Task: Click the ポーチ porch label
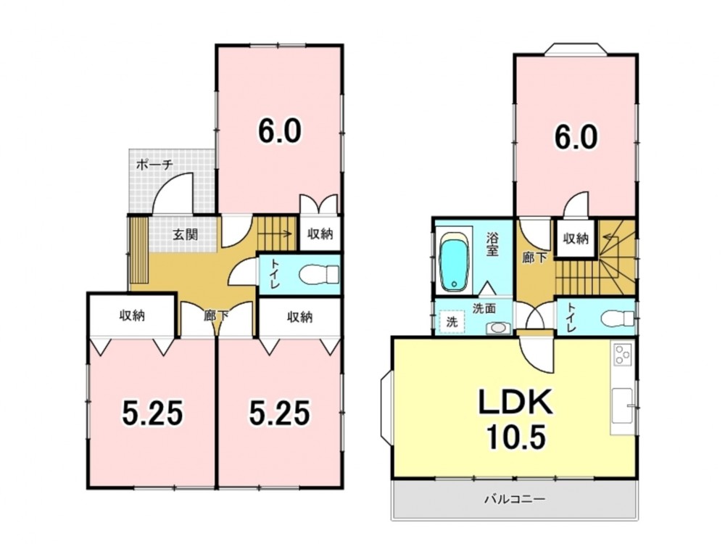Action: pyautogui.click(x=155, y=164)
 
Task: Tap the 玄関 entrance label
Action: pyautogui.click(x=186, y=234)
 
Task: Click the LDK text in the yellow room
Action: pyautogui.click(x=515, y=402)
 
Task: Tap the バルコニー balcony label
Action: pyautogui.click(x=515, y=499)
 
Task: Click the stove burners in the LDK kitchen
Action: pyautogui.click(x=622, y=355)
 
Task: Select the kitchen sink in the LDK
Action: pyautogui.click(x=622, y=405)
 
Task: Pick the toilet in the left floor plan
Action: pyautogui.click(x=319, y=275)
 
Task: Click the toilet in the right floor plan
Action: pyautogui.click(x=618, y=318)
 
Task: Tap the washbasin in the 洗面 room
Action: pyautogui.click(x=498, y=328)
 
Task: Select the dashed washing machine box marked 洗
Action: pyautogui.click(x=451, y=321)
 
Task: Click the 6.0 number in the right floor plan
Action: pyautogui.click(x=576, y=136)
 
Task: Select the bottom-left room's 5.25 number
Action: pyautogui.click(x=152, y=413)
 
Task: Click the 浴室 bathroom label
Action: pyautogui.click(x=492, y=244)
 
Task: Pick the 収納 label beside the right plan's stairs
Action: pyautogui.click(x=576, y=238)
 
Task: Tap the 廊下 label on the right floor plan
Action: pyautogui.click(x=534, y=257)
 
